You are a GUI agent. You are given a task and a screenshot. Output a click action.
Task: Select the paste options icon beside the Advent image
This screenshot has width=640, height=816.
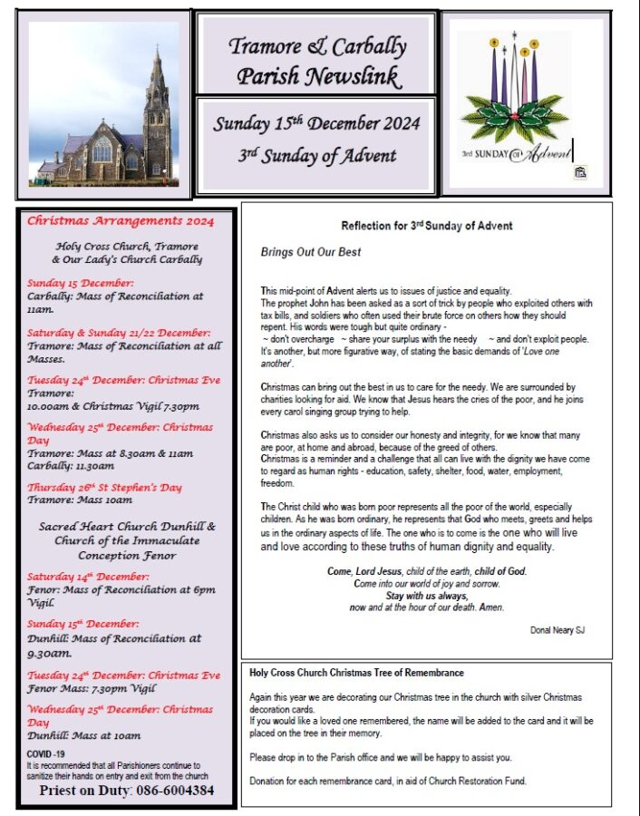[x=580, y=171]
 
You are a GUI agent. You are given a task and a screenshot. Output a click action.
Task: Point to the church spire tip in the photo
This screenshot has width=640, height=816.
[x=157, y=53]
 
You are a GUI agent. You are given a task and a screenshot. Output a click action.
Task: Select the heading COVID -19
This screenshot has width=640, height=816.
[x=45, y=753]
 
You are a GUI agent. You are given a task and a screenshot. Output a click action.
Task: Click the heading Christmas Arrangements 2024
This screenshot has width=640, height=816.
[x=121, y=220]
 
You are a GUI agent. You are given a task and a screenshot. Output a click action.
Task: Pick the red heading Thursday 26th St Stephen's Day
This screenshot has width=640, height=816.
[x=104, y=487]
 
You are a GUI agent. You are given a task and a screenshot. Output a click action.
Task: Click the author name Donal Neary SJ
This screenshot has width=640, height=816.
[x=558, y=629]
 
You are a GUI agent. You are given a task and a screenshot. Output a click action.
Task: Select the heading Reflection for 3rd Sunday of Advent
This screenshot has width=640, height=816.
[x=426, y=226]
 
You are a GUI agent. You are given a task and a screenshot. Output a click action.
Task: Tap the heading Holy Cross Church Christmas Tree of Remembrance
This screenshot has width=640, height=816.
[x=356, y=673]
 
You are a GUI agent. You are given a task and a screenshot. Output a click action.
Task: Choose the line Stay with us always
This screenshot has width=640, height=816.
[x=426, y=596]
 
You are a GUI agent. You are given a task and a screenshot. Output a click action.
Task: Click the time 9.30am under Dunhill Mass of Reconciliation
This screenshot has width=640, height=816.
[x=49, y=653]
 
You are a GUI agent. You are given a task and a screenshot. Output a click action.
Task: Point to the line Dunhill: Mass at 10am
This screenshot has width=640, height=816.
[x=83, y=736]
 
